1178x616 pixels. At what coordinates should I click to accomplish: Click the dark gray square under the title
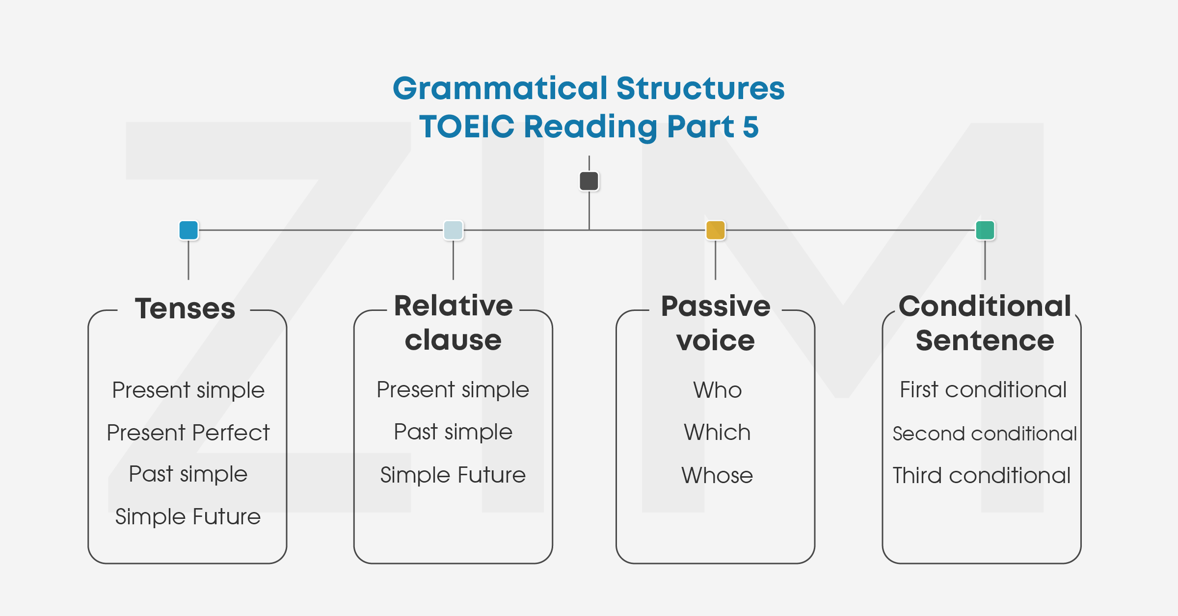click(x=589, y=181)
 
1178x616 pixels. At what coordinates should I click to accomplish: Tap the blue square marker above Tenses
click(x=188, y=230)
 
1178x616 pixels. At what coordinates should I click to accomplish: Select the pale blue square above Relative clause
click(x=453, y=230)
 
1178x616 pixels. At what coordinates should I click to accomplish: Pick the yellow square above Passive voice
click(x=715, y=230)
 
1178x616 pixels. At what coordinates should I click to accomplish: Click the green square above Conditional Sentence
click(x=985, y=230)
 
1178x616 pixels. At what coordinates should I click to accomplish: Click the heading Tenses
click(x=185, y=308)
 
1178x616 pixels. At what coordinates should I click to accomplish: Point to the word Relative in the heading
click(x=453, y=306)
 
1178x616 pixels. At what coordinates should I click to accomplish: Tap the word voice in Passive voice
click(x=715, y=340)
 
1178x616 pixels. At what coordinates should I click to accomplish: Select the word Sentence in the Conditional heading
click(x=985, y=340)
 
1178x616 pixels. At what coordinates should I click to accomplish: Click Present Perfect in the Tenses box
click(x=188, y=433)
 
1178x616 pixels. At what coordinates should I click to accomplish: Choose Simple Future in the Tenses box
click(x=188, y=516)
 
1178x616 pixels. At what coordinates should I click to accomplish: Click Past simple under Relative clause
click(x=453, y=432)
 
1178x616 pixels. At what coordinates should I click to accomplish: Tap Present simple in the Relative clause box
click(x=453, y=390)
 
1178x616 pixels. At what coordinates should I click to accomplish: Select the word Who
click(x=717, y=390)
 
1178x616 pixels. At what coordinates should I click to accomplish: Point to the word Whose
click(x=717, y=475)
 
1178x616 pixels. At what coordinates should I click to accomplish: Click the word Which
click(x=717, y=433)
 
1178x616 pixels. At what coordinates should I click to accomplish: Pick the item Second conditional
click(x=985, y=434)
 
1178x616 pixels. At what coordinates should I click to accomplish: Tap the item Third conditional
click(x=982, y=475)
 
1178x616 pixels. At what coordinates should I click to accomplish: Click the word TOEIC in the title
click(x=467, y=127)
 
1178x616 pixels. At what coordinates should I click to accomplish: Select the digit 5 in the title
click(x=750, y=127)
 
